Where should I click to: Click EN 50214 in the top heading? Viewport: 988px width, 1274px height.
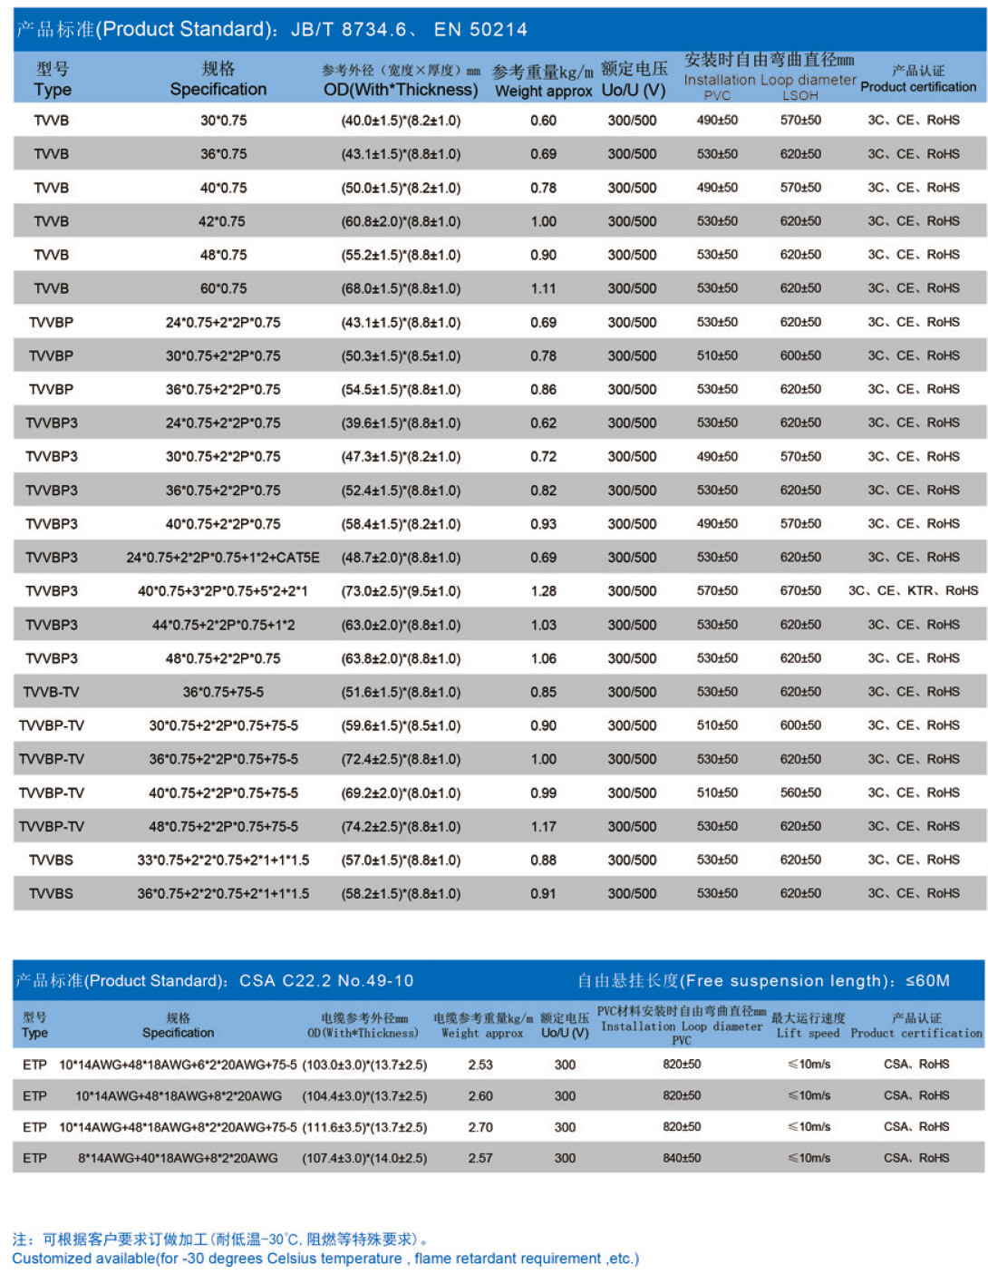point(480,30)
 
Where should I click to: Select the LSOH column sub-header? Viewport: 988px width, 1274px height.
point(800,95)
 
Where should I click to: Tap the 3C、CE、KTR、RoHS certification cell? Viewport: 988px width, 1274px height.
point(913,591)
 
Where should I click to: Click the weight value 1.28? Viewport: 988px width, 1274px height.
point(544,591)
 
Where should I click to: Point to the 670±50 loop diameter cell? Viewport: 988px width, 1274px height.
point(800,591)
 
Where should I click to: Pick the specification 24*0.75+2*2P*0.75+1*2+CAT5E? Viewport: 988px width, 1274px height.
point(223,558)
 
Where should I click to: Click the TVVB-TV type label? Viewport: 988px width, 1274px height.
point(51,692)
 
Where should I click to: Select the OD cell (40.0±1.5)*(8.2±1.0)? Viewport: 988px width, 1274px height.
point(401,121)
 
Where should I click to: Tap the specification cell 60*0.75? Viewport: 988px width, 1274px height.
point(223,288)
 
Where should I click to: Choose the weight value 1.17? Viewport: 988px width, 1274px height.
point(544,826)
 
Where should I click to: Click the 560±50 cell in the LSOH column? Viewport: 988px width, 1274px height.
point(800,793)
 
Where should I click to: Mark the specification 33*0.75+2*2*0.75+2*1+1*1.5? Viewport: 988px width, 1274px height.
point(223,860)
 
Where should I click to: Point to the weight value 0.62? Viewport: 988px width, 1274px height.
point(544,423)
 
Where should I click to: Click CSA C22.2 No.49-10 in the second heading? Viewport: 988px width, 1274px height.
point(326,981)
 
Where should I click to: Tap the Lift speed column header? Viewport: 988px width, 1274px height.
point(808,1033)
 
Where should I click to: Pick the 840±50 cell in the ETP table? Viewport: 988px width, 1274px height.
point(682,1158)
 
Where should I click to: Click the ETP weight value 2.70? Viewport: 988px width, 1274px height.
point(480,1127)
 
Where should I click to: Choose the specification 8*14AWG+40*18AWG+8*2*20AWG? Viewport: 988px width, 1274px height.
point(178,1158)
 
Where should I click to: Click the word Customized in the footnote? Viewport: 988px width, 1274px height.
point(52,1259)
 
